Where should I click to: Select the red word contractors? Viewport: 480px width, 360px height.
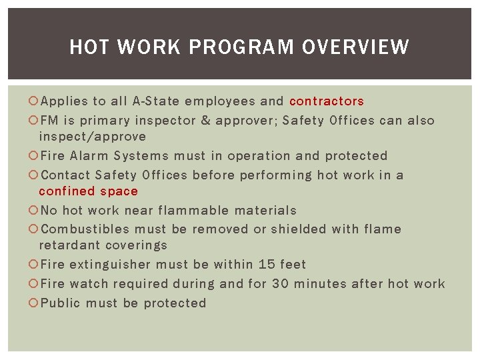[327, 101]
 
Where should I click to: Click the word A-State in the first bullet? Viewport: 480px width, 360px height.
[156, 101]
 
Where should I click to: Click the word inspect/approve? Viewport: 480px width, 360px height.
[92, 137]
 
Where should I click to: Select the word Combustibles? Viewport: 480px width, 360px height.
[85, 229]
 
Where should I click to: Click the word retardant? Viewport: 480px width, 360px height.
[67, 245]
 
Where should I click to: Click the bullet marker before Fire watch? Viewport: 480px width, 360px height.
[34, 284]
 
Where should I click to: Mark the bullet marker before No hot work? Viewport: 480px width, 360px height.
[34, 211]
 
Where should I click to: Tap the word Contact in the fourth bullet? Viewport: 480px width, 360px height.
[65, 175]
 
